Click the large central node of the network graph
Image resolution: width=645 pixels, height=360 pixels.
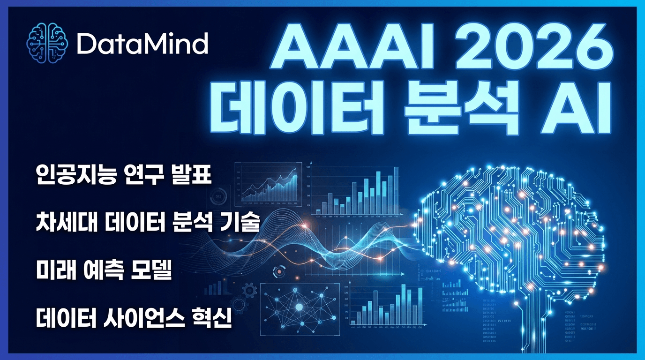click(299, 307)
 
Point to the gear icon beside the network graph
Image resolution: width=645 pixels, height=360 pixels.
click(250, 290)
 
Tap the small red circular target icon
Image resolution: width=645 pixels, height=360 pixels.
click(280, 270)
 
